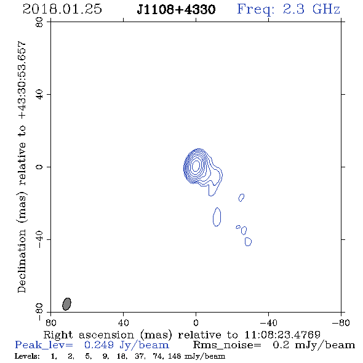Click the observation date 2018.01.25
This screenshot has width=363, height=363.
coord(62,9)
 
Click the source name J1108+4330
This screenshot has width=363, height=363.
coord(176,9)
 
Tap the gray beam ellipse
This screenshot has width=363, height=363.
coord(66,304)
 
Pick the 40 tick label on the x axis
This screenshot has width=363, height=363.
coord(123,322)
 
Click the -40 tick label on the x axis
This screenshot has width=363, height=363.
coord(268,322)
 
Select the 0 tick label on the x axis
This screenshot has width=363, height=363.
coord(196,322)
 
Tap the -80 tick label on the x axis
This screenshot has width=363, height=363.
coord(341,322)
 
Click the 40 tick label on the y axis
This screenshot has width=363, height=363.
coord(39,95)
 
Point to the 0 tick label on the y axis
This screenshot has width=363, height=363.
coord(39,167)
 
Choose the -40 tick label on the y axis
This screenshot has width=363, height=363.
coord(39,239)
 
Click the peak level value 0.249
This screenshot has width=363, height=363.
coord(99,345)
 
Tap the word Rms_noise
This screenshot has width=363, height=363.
coord(227,345)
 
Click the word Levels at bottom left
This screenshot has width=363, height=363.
coord(27,356)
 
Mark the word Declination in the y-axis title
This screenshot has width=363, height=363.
coord(22,261)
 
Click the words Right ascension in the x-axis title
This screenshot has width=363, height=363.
coord(89,335)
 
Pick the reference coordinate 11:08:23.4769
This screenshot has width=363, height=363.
coord(282,335)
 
